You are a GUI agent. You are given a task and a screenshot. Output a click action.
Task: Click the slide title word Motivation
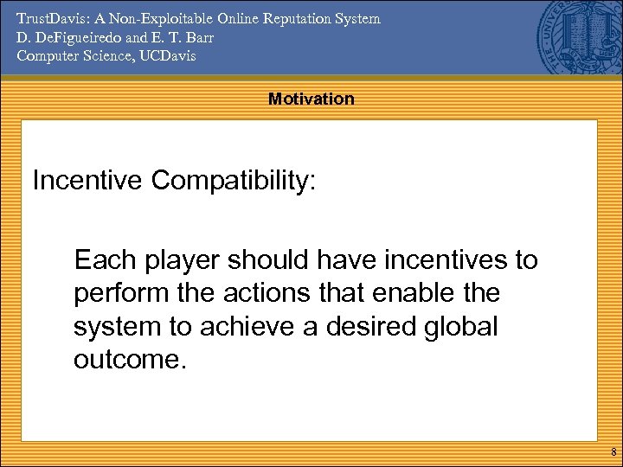coord(311,99)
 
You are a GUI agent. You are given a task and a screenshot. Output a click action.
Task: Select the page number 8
coord(613,452)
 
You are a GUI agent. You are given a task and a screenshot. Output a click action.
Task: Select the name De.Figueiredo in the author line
coord(62,37)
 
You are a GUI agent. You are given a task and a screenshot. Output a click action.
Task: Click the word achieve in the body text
coord(285,327)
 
